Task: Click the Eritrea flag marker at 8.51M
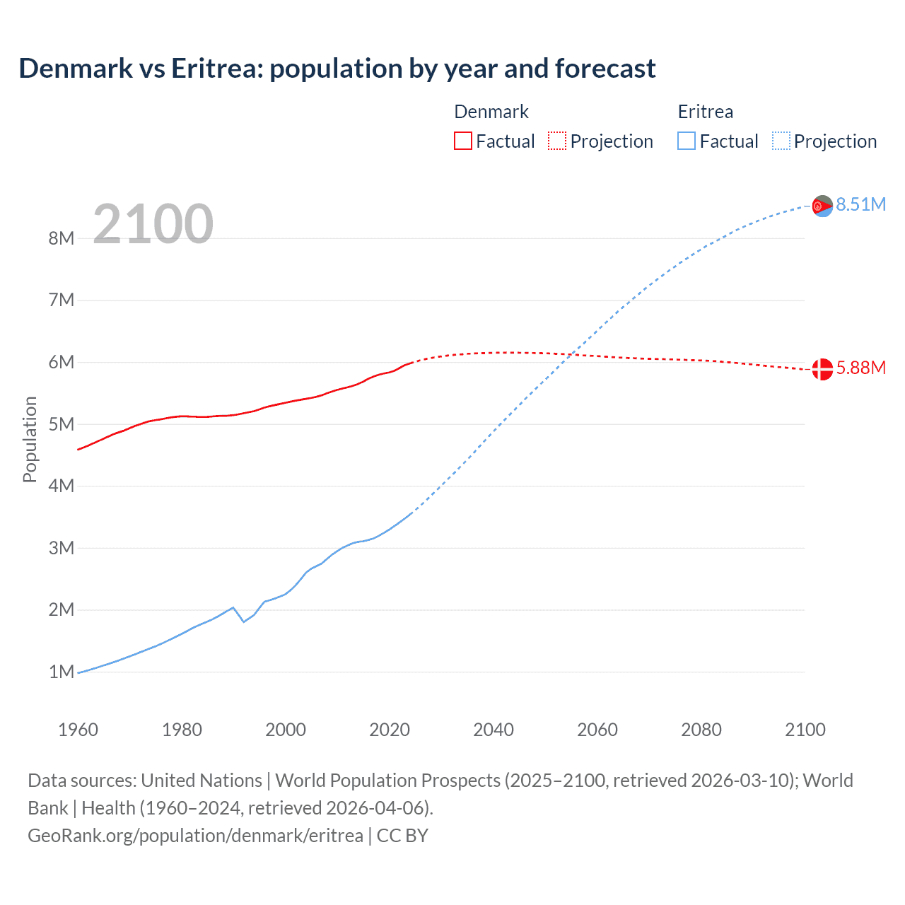(822, 206)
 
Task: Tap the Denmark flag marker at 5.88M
(822, 369)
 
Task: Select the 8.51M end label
(860, 204)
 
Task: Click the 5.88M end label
(860, 368)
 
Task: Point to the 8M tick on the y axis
(62, 238)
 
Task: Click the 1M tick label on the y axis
(62, 672)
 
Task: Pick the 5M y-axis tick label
(62, 424)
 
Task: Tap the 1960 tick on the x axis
(78, 730)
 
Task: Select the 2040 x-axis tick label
(494, 730)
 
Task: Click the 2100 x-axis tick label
(805, 730)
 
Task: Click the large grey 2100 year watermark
(153, 224)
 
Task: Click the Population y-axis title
(30, 439)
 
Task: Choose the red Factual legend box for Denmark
(462, 141)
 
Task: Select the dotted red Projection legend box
(557, 141)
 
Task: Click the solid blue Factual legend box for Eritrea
(686, 141)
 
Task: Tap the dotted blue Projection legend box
(781, 141)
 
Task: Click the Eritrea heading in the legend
(705, 112)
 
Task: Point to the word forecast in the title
(605, 69)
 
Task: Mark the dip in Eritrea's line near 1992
(243, 621)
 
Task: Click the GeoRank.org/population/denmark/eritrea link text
(195, 835)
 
